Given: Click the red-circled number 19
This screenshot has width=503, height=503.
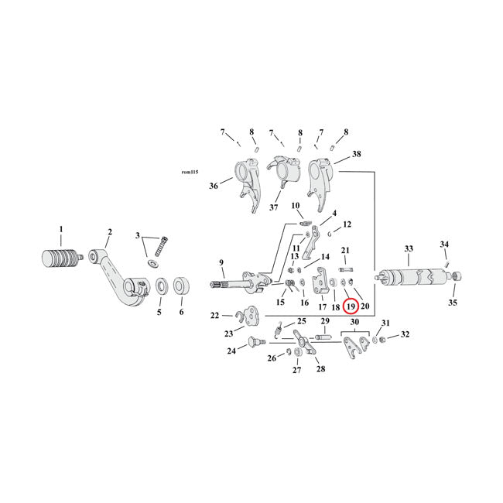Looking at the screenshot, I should coord(350,306).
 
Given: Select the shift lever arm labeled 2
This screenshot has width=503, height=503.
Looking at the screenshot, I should coord(116,271).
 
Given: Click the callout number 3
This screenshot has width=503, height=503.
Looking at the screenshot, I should coord(139,234).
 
